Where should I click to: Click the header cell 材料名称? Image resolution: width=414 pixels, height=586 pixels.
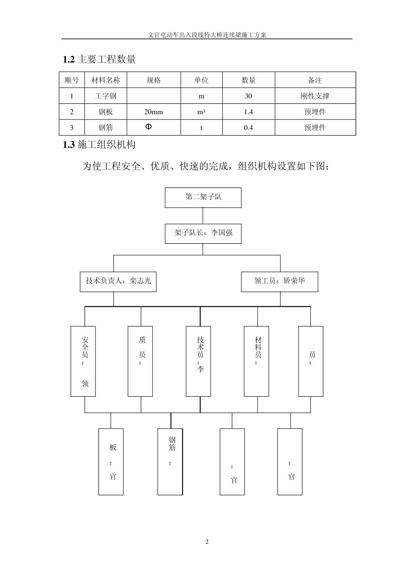pos(105,80)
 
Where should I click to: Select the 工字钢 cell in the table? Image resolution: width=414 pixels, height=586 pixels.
pos(105,96)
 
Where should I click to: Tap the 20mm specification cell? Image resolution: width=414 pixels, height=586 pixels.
pos(153,112)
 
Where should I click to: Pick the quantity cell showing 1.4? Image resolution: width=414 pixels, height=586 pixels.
pos(248,112)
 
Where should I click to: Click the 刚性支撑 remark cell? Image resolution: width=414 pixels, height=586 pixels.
pos(315,96)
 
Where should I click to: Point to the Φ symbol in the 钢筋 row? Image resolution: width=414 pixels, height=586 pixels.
pos(149,127)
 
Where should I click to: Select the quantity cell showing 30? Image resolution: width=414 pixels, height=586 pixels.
pos(248,96)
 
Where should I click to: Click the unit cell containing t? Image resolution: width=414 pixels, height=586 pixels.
pos(201,128)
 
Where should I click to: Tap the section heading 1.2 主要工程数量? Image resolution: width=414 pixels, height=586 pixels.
pos(99,59)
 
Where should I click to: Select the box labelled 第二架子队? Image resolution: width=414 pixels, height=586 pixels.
pos(203,197)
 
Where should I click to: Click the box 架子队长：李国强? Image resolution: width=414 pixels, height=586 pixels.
pos(203,233)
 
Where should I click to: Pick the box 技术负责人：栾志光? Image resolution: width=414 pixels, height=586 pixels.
pos(118,281)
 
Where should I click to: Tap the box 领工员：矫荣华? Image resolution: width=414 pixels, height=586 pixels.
pos(279,281)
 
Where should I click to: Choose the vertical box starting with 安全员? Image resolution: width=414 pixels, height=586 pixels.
pos(83,361)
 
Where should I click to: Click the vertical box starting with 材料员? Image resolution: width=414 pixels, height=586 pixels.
pos(256,361)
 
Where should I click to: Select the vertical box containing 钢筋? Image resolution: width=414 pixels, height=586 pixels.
pos(170,461)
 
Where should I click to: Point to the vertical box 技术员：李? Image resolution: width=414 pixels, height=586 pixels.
pos(198,361)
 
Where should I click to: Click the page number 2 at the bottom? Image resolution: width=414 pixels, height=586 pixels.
pos(207,542)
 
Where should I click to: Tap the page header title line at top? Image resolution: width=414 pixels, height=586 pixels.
pos(207,35)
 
